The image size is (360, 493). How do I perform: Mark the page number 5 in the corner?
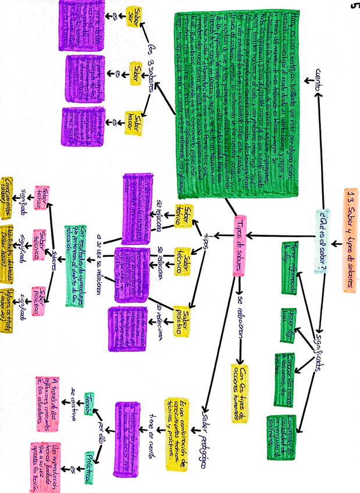[x=353, y=7]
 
